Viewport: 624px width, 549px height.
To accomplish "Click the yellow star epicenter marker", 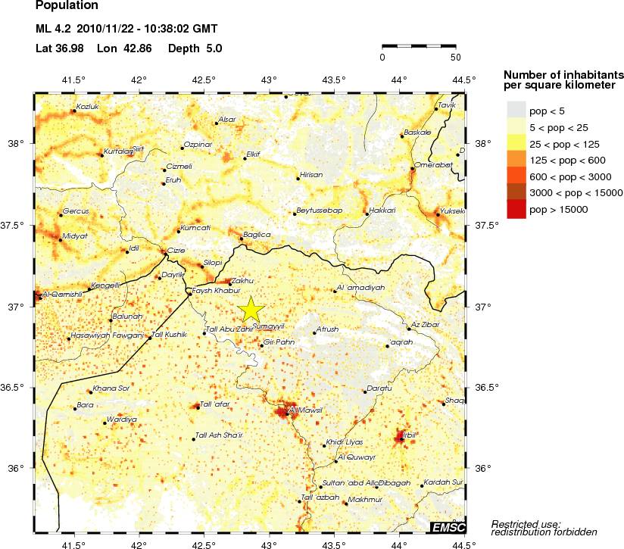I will (251, 309).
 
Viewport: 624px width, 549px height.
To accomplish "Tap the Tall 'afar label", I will (214, 404).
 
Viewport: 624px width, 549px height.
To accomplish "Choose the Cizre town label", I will (176, 250).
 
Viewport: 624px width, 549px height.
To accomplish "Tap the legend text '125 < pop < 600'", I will (561, 160).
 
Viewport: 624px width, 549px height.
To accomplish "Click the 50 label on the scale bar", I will (455, 57).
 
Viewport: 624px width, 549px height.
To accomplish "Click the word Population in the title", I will (67, 5).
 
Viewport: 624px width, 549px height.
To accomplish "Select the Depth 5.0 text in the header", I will (195, 48).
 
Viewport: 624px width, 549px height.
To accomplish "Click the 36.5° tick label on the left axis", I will (17, 388).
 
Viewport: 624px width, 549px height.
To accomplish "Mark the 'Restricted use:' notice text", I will (526, 524).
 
